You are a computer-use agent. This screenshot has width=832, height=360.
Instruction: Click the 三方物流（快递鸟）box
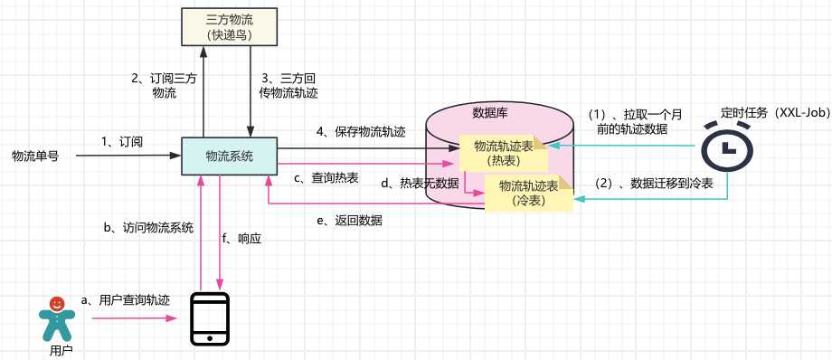(x=229, y=26)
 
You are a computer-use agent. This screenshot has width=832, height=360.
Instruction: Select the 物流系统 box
(x=229, y=156)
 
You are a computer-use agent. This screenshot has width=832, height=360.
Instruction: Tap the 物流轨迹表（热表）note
(x=503, y=153)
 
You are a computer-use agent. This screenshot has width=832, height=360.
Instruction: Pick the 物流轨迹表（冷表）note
(x=529, y=194)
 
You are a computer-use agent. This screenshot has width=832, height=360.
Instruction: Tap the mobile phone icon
(x=210, y=319)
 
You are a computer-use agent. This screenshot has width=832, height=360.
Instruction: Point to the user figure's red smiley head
(x=57, y=304)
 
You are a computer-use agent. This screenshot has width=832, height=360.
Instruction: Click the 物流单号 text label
(x=35, y=156)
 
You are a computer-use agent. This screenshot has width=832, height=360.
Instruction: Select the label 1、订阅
(x=122, y=141)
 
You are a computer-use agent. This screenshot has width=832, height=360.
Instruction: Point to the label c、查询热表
(x=326, y=179)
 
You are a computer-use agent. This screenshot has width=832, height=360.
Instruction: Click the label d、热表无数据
(x=420, y=184)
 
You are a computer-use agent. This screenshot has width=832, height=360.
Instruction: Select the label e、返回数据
(x=349, y=221)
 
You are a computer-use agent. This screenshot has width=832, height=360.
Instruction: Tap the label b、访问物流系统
(x=148, y=227)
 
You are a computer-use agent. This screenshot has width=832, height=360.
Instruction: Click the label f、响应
(x=242, y=239)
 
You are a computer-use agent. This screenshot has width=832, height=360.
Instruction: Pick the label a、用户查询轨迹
(x=125, y=300)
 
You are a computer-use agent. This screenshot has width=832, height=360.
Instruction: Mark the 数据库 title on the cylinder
(x=488, y=112)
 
